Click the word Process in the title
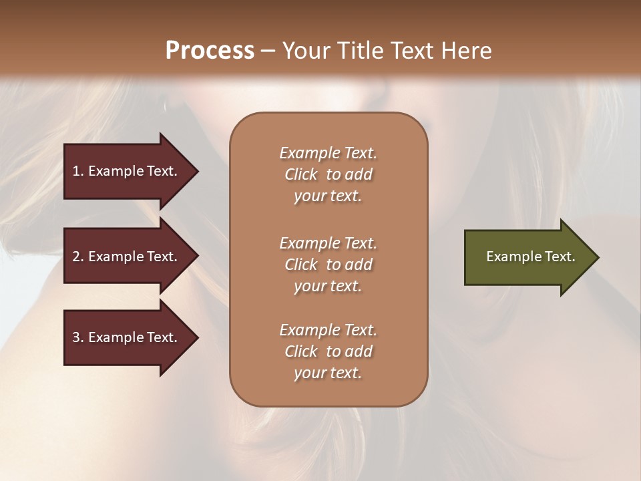pos(210,51)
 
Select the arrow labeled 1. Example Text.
pos(127,171)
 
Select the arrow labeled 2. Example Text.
pos(127,257)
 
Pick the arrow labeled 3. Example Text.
pos(127,337)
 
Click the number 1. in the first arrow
pos(77,171)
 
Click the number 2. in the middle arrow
pos(77,257)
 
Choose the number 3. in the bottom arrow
pos(77,337)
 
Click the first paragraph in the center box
pos(328,174)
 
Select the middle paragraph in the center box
pos(328,265)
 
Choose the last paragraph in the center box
pos(328,351)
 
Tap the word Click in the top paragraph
pos(301,174)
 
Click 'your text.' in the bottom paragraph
pos(328,373)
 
